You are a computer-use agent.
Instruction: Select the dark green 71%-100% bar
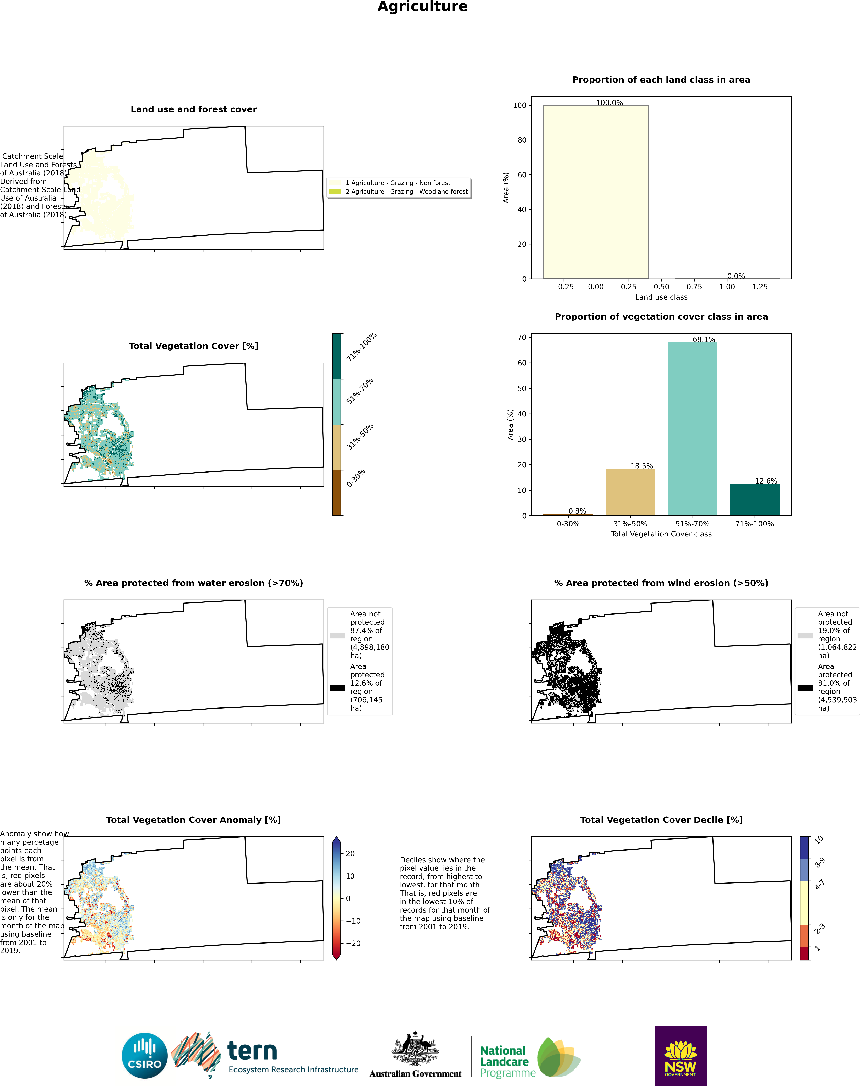pos(755,500)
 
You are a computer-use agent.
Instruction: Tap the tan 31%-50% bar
pos(630,492)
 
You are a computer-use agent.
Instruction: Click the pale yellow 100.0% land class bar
pos(596,192)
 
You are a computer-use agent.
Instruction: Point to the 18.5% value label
pos(642,466)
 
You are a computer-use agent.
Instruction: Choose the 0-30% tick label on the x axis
pos(568,524)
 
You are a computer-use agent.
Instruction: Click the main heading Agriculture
pos(422,7)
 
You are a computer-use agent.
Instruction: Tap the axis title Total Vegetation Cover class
pos(661,534)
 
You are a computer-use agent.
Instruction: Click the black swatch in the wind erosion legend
pos(805,688)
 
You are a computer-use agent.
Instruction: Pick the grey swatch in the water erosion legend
pos(337,635)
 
